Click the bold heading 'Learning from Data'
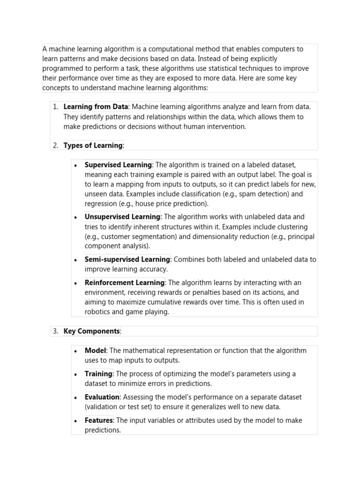click(x=96, y=107)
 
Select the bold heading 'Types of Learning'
click(x=93, y=145)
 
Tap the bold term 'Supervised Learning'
click(x=118, y=165)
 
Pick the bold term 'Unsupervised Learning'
click(x=122, y=217)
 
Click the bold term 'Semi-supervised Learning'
click(x=127, y=259)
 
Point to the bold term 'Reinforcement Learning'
click(x=124, y=283)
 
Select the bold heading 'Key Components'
click(x=91, y=331)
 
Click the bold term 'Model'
click(x=95, y=351)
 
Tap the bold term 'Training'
click(x=98, y=374)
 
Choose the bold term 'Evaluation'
click(x=102, y=397)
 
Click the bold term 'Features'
click(x=98, y=420)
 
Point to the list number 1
click(x=55, y=107)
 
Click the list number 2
click(x=55, y=145)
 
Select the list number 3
click(x=55, y=331)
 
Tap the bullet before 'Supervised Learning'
click(x=76, y=165)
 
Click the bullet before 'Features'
click(x=76, y=421)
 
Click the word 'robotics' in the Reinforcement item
click(x=98, y=312)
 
